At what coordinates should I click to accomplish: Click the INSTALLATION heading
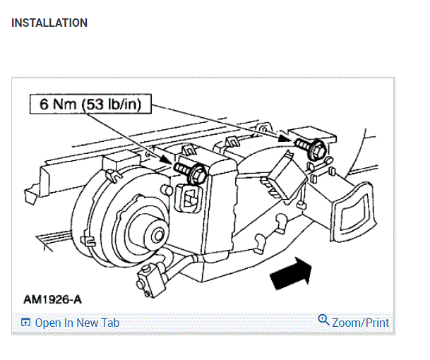point(49,23)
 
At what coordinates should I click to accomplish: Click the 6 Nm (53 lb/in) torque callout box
point(90,105)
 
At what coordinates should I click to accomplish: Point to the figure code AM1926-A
point(52,299)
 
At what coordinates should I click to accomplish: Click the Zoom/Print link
point(360,323)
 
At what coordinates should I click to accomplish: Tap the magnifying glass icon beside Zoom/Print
point(324,320)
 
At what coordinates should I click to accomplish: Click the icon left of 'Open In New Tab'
point(26,323)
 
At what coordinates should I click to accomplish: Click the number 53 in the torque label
point(95,105)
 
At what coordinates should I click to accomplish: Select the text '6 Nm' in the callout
point(54,105)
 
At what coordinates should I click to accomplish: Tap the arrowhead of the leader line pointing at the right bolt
point(292,140)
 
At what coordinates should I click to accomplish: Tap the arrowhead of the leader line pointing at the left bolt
point(172,164)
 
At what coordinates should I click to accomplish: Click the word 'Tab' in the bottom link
point(109,323)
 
